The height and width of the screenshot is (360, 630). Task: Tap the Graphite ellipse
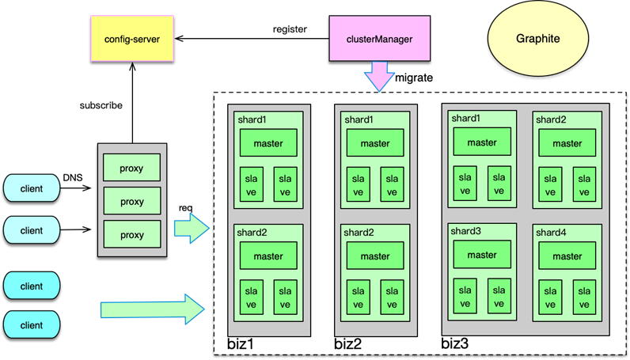[537, 38]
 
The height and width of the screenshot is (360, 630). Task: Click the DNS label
[73, 179]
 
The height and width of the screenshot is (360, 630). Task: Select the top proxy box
[131, 168]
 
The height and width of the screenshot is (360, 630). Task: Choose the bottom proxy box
[131, 234]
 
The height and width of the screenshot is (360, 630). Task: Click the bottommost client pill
[32, 325]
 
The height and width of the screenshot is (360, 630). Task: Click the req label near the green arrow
[188, 207]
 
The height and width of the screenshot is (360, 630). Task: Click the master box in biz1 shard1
[268, 143]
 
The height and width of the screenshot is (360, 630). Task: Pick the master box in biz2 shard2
[375, 256]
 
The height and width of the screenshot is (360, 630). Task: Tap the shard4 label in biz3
[550, 233]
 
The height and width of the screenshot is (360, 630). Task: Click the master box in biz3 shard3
[481, 255]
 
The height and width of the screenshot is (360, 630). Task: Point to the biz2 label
[347, 344]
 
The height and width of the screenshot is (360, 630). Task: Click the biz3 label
[455, 344]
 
